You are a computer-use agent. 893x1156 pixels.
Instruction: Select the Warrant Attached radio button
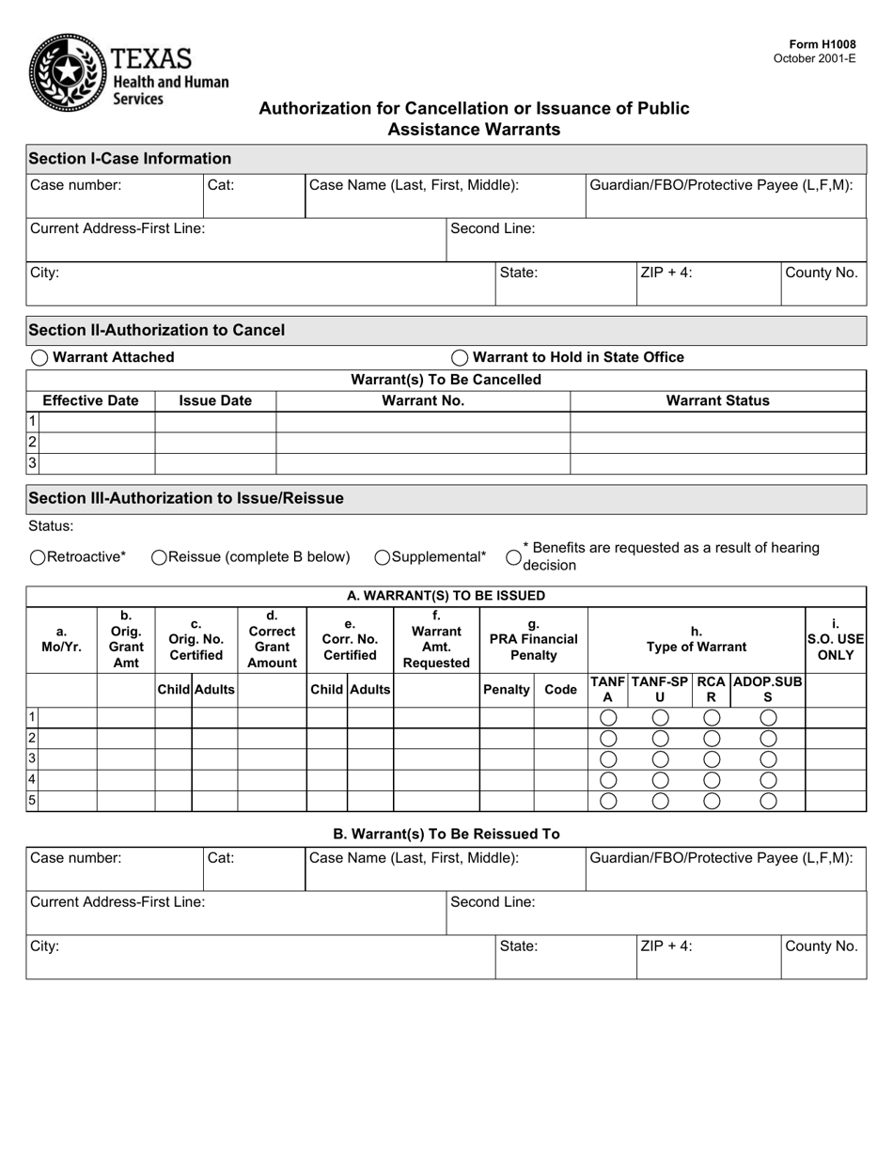tap(39, 358)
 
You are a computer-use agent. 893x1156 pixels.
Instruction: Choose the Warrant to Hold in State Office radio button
tap(460, 358)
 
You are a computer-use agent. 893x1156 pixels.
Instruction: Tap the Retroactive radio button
tap(38, 557)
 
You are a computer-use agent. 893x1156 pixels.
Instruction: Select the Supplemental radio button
tap(383, 557)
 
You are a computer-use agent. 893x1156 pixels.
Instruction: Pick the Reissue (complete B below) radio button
tap(160, 557)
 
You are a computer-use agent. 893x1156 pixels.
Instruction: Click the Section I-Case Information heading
tap(130, 158)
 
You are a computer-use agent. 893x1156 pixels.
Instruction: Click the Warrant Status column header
tap(717, 400)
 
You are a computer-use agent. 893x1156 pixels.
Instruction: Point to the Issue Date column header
tap(215, 400)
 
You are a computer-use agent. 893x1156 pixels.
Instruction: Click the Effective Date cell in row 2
tap(97, 443)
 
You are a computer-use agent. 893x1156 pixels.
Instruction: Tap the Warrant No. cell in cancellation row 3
tap(423, 463)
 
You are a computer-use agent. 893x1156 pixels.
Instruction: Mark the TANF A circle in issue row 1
tap(608, 718)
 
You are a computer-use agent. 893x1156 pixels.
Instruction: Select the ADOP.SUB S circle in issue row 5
tap(768, 801)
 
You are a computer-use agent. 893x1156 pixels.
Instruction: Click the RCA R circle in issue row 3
tap(712, 759)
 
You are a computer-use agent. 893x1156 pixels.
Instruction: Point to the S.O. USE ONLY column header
tap(835, 639)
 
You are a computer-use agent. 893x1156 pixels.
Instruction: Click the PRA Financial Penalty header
tap(533, 639)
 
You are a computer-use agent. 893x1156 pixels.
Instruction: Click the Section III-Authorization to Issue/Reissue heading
tap(186, 498)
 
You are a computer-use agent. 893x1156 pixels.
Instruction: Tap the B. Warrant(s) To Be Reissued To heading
tap(446, 834)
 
